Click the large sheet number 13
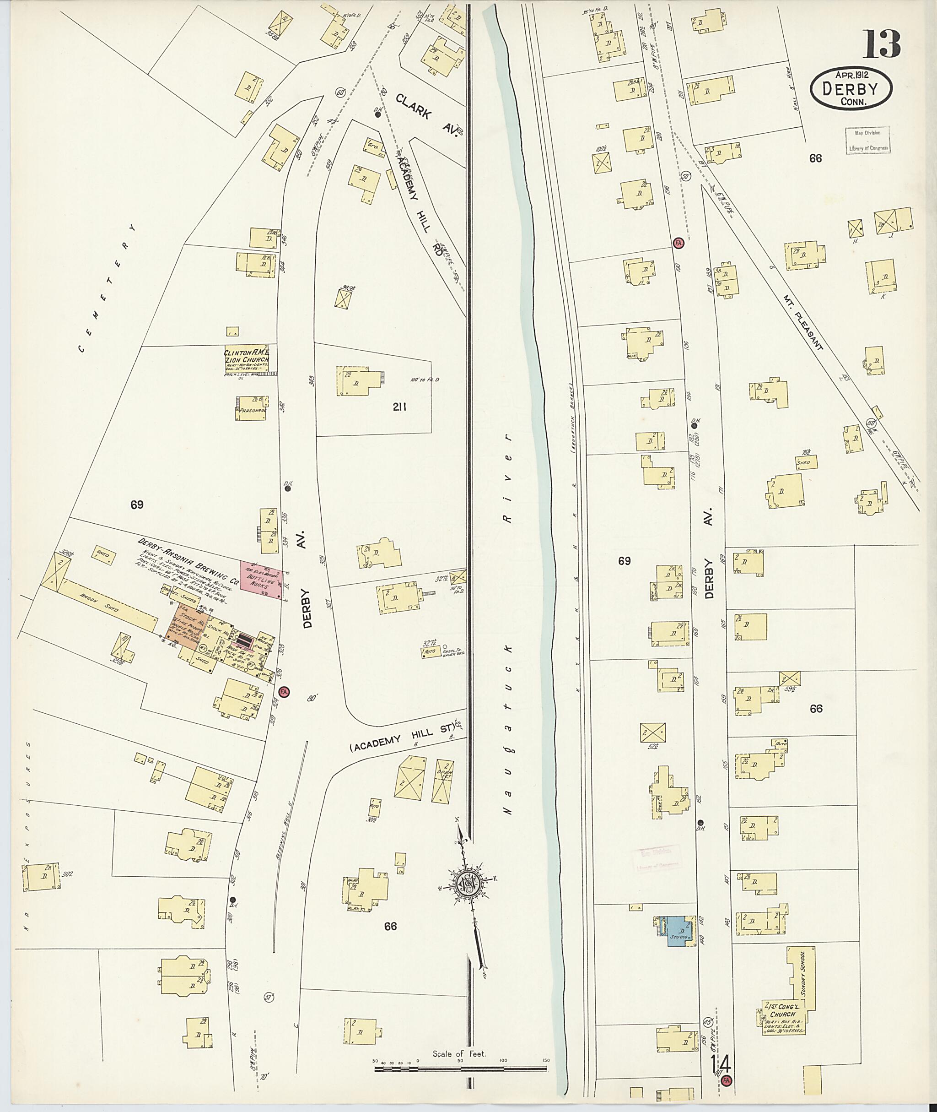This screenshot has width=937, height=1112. pos(881,45)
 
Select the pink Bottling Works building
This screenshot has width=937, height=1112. pos(261,581)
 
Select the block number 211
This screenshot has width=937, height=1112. pos(399,407)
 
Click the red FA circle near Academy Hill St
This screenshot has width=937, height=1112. pos(284,692)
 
